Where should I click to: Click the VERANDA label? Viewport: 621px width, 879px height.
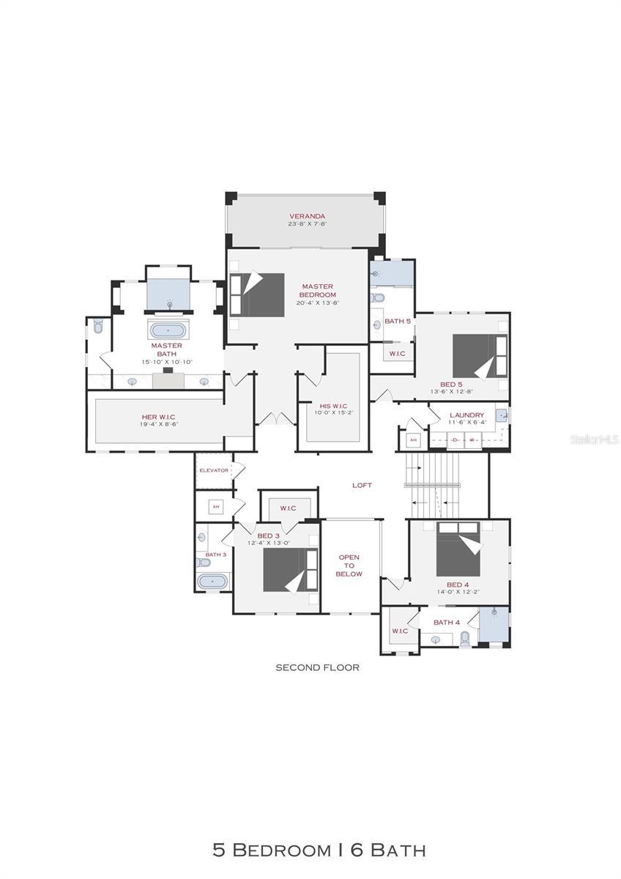[307, 216]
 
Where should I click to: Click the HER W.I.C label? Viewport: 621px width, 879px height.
[158, 417]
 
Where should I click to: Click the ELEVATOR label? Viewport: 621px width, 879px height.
[214, 470]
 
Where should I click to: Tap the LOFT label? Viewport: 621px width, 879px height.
[362, 485]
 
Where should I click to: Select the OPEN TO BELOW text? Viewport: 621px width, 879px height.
[349, 565]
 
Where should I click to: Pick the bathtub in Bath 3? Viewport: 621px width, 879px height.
[213, 582]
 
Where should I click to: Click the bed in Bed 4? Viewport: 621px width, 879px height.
[458, 549]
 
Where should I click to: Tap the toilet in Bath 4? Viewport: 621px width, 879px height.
[464, 638]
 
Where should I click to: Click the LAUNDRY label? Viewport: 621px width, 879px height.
[466, 415]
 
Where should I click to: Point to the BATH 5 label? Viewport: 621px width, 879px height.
[398, 321]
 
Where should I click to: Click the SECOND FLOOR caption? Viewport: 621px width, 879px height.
[317, 667]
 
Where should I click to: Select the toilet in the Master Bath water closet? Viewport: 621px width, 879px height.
[98, 327]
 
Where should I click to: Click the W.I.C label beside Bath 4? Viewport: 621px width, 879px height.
[399, 631]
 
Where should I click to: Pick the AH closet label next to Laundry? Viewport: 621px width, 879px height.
[413, 439]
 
